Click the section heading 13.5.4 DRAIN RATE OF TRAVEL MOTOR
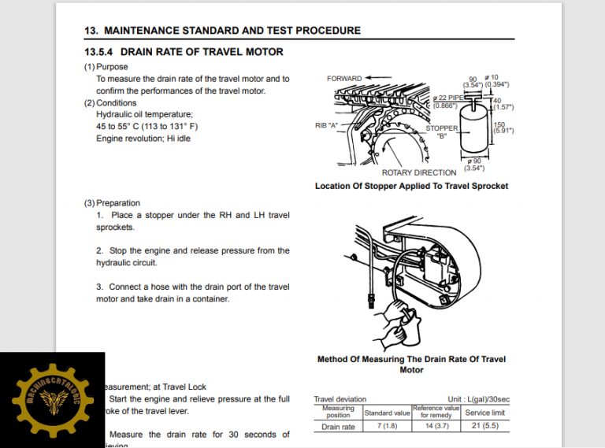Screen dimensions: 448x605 [184, 52]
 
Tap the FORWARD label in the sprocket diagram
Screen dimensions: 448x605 [344, 79]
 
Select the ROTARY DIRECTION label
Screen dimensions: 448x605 [418, 172]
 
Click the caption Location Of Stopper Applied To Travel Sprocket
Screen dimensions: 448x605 [411, 187]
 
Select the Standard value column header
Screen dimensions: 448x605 [387, 412]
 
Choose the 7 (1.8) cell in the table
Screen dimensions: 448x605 [387, 427]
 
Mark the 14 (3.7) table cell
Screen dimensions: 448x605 [436, 427]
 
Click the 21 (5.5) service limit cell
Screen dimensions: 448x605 [485, 427]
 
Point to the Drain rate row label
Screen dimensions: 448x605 [338, 427]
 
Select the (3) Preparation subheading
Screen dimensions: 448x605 [112, 203]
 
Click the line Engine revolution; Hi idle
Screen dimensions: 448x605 [143, 138]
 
